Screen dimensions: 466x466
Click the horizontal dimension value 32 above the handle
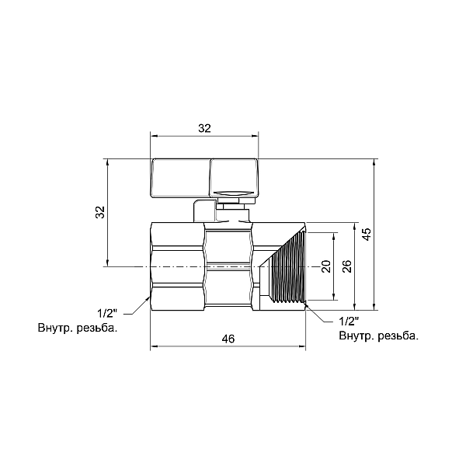pos(204,128)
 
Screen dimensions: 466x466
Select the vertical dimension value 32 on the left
pos(99,213)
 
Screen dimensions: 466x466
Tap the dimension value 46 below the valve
pos(228,339)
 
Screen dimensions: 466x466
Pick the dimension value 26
pos(347,266)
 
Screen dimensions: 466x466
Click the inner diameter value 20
pos(326,266)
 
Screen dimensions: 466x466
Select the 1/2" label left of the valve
pos(107,313)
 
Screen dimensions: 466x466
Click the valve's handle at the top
pos(203,177)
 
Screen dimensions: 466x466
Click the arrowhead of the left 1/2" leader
pos(149,297)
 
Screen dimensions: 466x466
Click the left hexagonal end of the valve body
pos(176,266)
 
